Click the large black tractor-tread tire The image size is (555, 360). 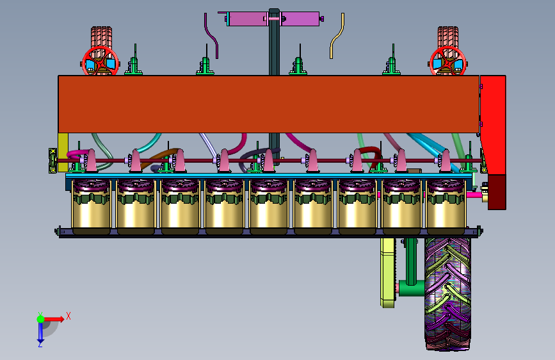pyautogui.click(x=447, y=294)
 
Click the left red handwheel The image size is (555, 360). pyautogui.click(x=100, y=61)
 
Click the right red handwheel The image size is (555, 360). pyautogui.click(x=447, y=61)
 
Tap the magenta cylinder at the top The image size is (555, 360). pyautogui.click(x=273, y=19)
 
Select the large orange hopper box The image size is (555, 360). pyautogui.click(x=269, y=104)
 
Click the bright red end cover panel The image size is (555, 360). pyautogui.click(x=493, y=125)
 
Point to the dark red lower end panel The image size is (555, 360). pyautogui.click(x=497, y=192)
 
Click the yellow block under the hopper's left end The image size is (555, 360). pyautogui.click(x=63, y=147)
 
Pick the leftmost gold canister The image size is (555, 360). pyautogui.click(x=92, y=206)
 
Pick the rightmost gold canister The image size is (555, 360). pyautogui.click(x=446, y=206)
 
